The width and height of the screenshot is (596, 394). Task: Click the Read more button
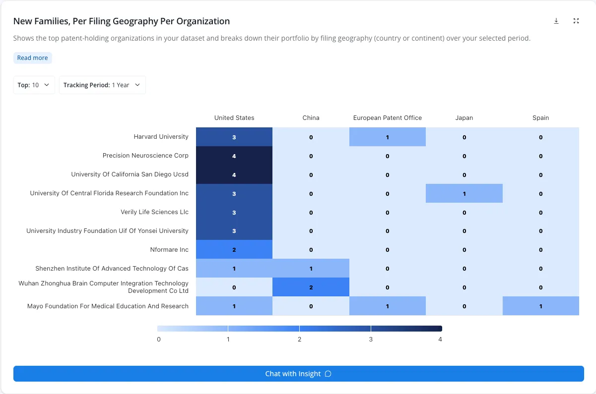(32, 58)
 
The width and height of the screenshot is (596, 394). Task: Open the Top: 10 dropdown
(34, 85)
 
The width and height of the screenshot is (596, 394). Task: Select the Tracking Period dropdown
(102, 85)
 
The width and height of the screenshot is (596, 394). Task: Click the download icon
(556, 21)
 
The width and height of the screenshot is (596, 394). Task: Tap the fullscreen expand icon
(576, 21)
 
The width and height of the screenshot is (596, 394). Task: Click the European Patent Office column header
(388, 117)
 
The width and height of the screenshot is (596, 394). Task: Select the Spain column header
(540, 117)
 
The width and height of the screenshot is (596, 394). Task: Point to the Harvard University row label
(161, 137)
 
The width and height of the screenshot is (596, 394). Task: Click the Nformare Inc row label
(169, 249)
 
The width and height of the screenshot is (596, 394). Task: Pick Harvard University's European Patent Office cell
(388, 137)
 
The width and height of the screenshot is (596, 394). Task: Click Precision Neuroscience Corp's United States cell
(234, 156)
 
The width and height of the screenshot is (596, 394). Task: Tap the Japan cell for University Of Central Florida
(464, 193)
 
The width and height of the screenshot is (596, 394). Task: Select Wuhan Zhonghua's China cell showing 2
(311, 287)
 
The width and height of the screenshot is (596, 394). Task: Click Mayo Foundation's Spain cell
(540, 306)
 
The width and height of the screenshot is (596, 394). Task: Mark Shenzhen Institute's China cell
(311, 268)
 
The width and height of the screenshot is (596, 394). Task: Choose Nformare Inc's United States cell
(234, 249)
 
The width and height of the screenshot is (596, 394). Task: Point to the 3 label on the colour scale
(371, 339)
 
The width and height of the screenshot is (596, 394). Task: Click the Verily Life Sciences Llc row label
(154, 212)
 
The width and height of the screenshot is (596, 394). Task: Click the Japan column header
(464, 117)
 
